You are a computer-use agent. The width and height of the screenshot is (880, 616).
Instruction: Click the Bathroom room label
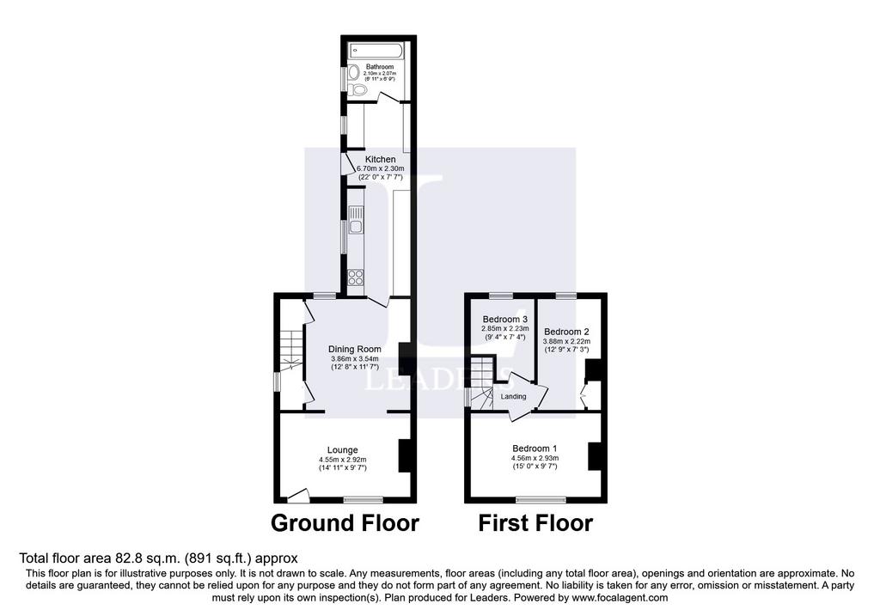pyautogui.click(x=380, y=67)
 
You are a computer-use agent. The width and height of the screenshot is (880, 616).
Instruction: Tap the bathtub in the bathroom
pyautogui.click(x=376, y=51)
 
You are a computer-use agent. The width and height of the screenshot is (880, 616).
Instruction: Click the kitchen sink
pyautogui.click(x=356, y=220)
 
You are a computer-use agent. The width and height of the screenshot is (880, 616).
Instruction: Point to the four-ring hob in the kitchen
pyautogui.click(x=356, y=278)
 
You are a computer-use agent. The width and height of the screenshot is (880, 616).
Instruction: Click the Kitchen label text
pyautogui.click(x=381, y=159)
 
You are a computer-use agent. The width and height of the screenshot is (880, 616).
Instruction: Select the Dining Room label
pyautogui.click(x=355, y=349)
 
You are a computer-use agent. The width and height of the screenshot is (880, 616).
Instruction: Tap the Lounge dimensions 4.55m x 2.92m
pyautogui.click(x=343, y=460)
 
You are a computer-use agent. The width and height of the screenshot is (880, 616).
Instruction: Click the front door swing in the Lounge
pyautogui.click(x=298, y=495)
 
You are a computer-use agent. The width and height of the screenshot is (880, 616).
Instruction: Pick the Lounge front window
pyautogui.click(x=364, y=499)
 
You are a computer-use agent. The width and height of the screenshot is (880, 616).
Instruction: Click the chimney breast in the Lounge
pyautogui.click(x=405, y=455)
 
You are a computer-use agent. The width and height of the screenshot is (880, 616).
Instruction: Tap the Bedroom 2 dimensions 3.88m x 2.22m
pyautogui.click(x=567, y=341)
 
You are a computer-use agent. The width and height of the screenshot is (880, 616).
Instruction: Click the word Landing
pyautogui.click(x=514, y=397)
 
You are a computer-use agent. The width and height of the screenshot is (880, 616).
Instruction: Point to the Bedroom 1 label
pyautogui.click(x=535, y=448)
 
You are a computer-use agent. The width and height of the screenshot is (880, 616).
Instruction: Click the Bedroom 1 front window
pyautogui.click(x=541, y=499)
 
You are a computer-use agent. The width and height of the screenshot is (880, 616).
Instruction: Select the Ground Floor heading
pyautogui.click(x=345, y=523)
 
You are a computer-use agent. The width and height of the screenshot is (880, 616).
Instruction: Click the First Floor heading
pyautogui.click(x=535, y=523)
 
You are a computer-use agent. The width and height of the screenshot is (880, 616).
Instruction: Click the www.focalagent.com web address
pyautogui.click(x=620, y=597)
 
